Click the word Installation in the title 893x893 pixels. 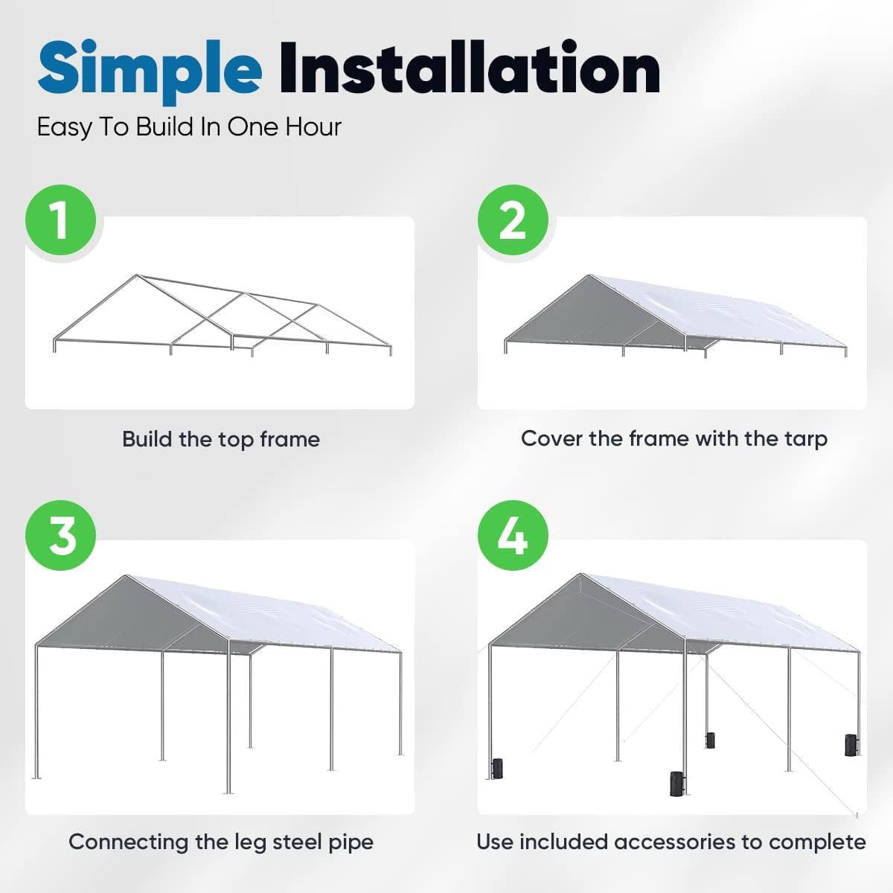click(x=470, y=68)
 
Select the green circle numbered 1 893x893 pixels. click(x=60, y=220)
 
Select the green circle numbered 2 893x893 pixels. click(x=513, y=220)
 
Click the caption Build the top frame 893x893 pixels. click(x=221, y=439)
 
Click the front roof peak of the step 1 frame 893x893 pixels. click(x=136, y=277)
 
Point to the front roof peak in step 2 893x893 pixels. click(x=591, y=277)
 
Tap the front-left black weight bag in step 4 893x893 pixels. click(x=497, y=768)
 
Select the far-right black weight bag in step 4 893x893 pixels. click(x=851, y=745)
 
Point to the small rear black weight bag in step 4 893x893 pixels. click(x=711, y=740)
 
